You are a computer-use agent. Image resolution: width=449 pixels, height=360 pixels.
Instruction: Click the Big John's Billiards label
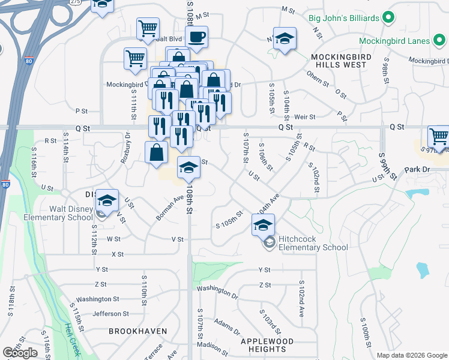click(x=344, y=17)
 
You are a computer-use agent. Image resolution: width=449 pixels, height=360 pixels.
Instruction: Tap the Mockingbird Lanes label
click(x=394, y=41)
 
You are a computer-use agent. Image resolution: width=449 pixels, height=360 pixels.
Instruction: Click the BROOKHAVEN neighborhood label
click(x=133, y=331)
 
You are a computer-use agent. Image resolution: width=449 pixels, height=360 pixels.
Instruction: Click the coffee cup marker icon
click(x=196, y=37)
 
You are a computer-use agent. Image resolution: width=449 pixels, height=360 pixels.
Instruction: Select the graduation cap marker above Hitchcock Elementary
click(x=263, y=225)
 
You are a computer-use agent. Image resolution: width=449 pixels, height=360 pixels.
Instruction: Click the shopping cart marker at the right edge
click(x=438, y=137)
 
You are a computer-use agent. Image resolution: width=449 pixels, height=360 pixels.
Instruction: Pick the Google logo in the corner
click(x=20, y=353)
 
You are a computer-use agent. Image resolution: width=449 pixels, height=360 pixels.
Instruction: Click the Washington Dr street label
click(x=217, y=291)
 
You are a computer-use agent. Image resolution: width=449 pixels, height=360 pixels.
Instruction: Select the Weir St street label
click(x=304, y=116)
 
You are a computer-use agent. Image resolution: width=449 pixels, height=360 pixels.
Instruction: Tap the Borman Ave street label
click(x=170, y=208)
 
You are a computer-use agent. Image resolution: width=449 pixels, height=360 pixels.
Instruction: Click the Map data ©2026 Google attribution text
click(x=412, y=355)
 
